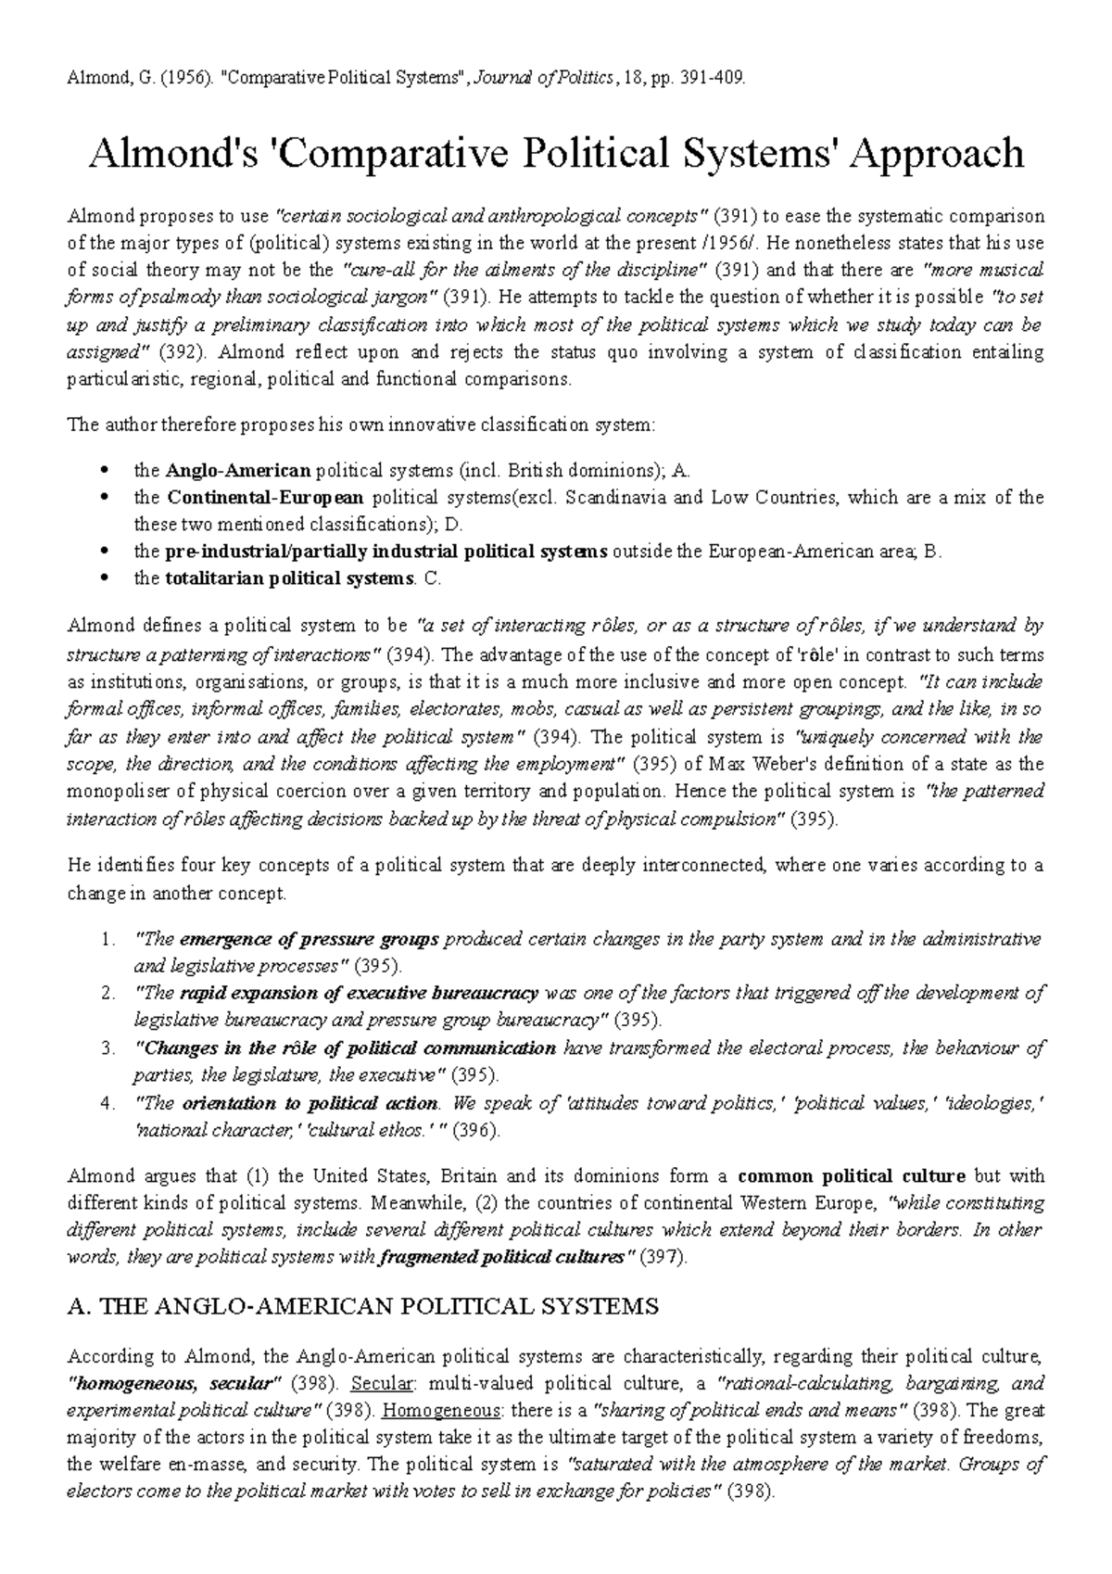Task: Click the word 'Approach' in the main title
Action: pyautogui.click(x=937, y=154)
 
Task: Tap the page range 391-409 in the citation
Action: pyautogui.click(x=714, y=79)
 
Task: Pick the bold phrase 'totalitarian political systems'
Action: pyautogui.click(x=287, y=579)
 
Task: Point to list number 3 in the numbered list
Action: pyautogui.click(x=107, y=1048)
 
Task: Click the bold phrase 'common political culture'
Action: pyautogui.click(x=852, y=1176)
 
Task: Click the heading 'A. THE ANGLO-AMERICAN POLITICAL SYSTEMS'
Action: pyautogui.click(x=364, y=1307)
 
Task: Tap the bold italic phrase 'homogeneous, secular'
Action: pyautogui.click(x=175, y=1384)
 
